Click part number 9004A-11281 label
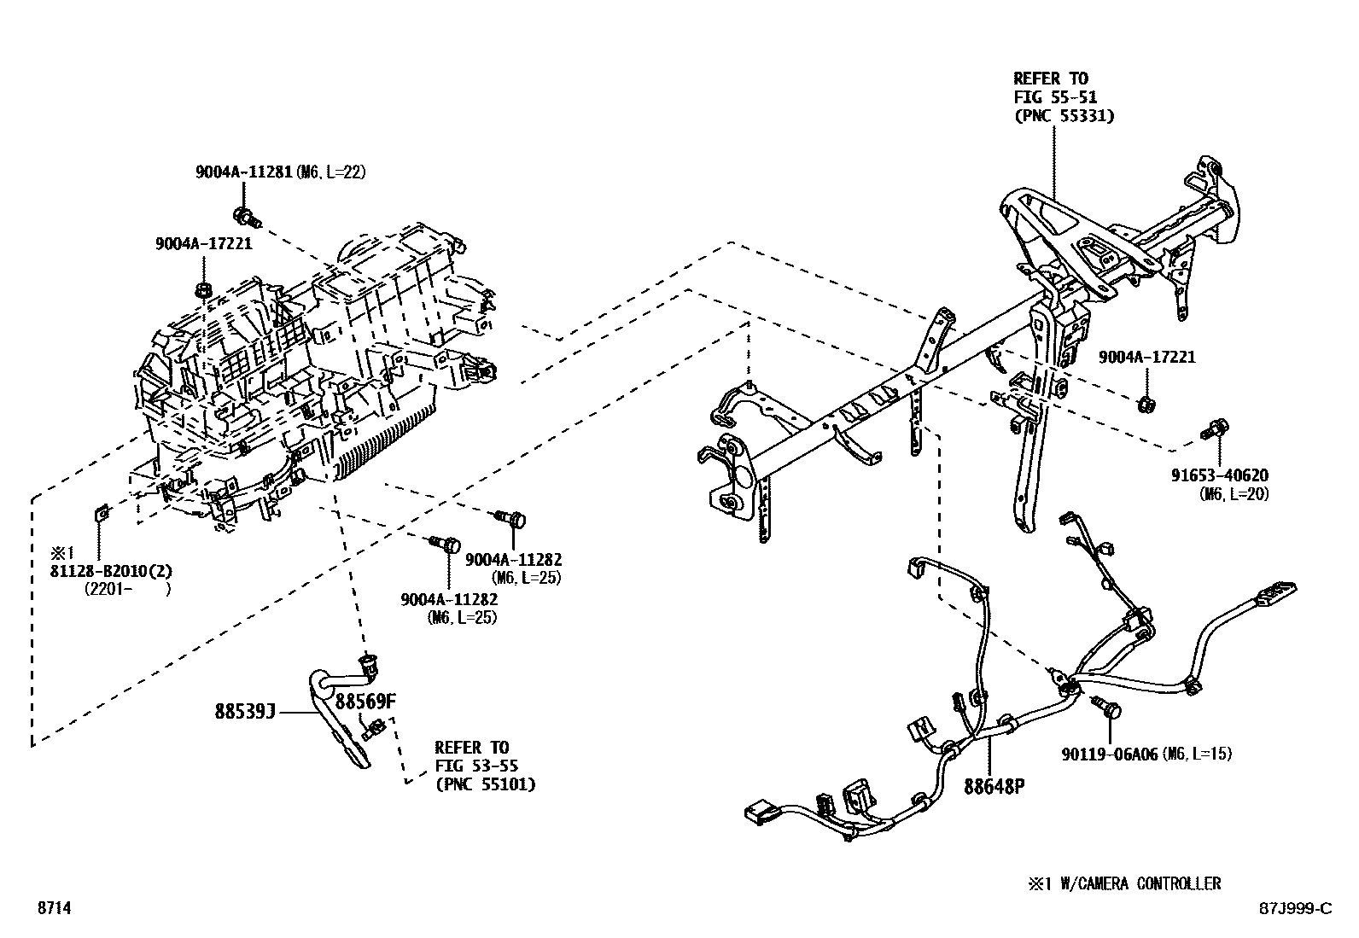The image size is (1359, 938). click(243, 172)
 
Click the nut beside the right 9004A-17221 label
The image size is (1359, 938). click(1147, 402)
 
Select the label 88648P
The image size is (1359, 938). click(994, 787)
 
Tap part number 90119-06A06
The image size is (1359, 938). click(1109, 754)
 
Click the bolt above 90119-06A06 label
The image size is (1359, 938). click(1107, 706)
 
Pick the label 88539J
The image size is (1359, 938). click(244, 711)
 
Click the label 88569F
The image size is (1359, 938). click(365, 702)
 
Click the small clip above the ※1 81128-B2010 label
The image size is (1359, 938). click(99, 513)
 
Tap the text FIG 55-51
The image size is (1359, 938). click(1055, 97)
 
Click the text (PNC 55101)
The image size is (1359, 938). click(485, 784)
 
